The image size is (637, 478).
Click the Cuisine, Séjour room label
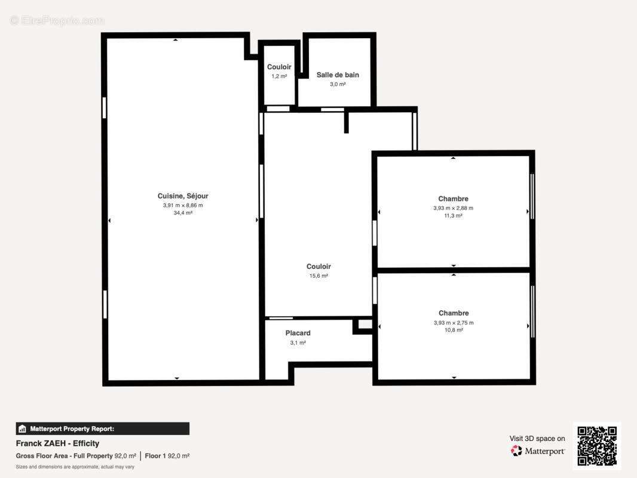coord(183,196)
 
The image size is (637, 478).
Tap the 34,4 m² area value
coord(183,213)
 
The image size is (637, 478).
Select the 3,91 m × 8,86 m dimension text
coord(183,205)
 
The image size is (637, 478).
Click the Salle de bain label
coord(338,75)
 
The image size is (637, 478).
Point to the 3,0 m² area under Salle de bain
coord(338,84)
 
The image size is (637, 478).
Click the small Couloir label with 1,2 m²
coord(279,67)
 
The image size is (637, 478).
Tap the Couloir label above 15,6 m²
coord(318,266)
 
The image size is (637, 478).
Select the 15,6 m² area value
coord(318,276)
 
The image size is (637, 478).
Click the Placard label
coord(298,333)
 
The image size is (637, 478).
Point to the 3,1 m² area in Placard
coord(298,343)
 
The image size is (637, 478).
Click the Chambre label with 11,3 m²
coord(453,199)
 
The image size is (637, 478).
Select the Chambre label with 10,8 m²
coord(454,313)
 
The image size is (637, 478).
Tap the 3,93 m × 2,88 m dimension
coord(453,208)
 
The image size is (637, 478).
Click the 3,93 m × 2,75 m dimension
coord(454,323)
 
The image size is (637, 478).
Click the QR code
coord(597,446)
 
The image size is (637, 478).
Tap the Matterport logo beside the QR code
coord(538,451)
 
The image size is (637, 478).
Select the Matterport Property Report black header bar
coord(102,428)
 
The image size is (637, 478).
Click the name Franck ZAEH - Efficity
coord(57,443)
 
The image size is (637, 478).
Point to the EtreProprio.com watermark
coord(57,20)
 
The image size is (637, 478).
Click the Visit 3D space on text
coord(537,439)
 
